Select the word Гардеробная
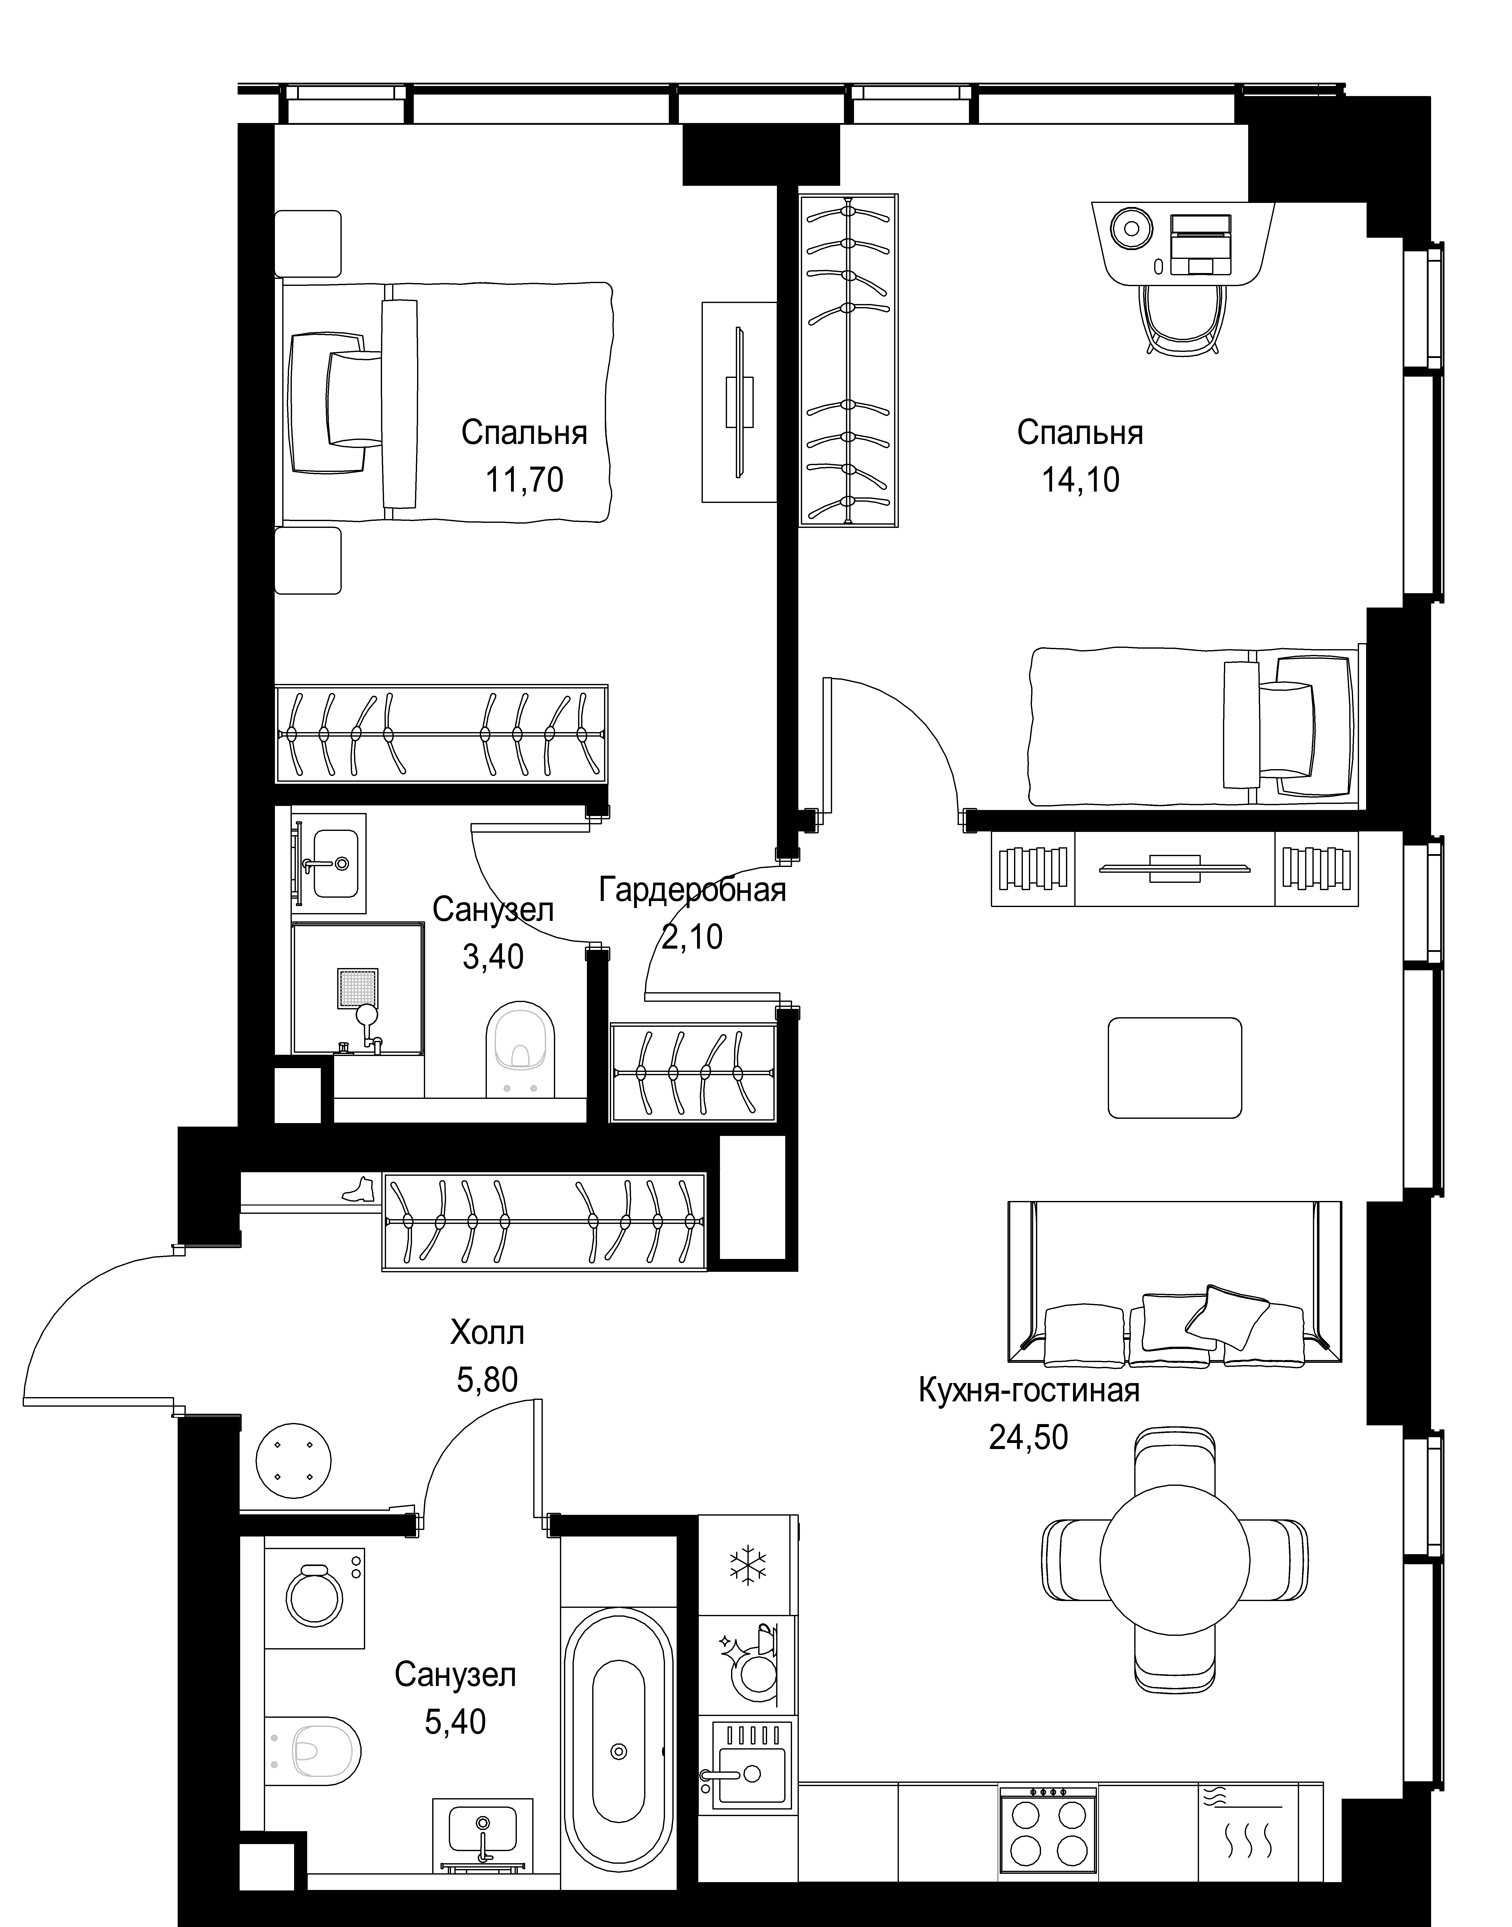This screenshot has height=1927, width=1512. [692, 889]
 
